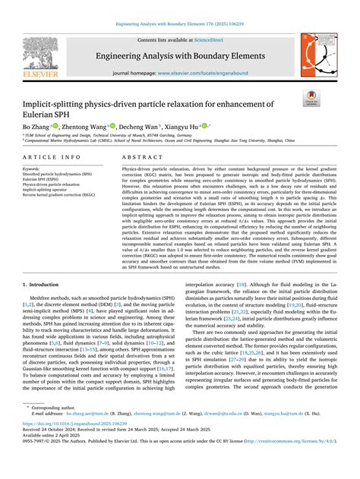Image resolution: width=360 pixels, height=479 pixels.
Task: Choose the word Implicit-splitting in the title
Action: tap(54, 104)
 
